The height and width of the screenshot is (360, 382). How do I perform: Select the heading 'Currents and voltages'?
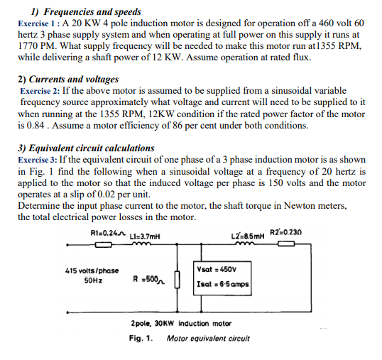(x=74, y=79)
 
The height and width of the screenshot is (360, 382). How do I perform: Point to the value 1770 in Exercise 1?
(x=28, y=45)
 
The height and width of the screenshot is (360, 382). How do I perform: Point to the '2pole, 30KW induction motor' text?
(x=181, y=323)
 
